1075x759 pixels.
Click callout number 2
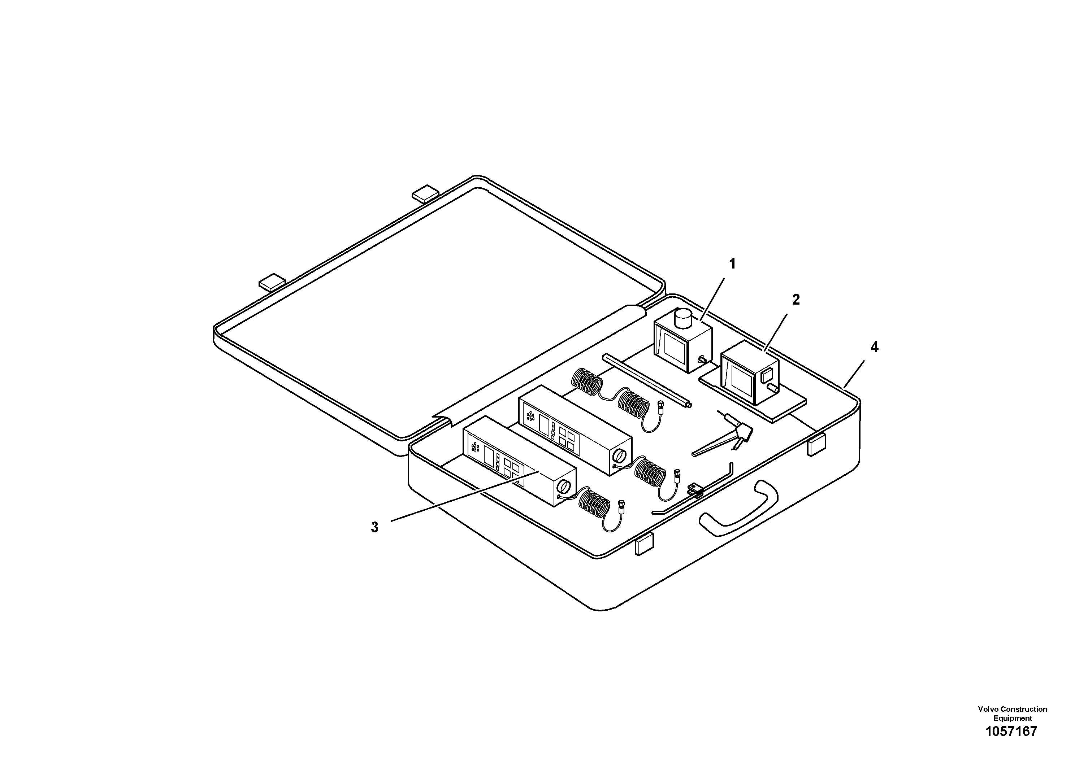[796, 300]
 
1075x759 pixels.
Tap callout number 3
[374, 527]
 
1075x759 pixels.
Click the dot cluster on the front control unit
[475, 447]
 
